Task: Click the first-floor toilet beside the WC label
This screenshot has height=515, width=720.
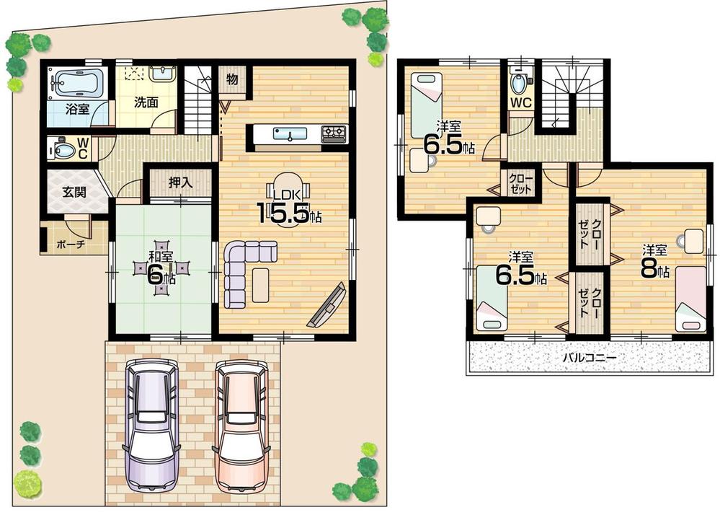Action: coord(63,150)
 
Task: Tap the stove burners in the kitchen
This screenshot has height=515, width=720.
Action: coord(334,133)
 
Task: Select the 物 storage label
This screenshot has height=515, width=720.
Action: coord(233,78)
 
